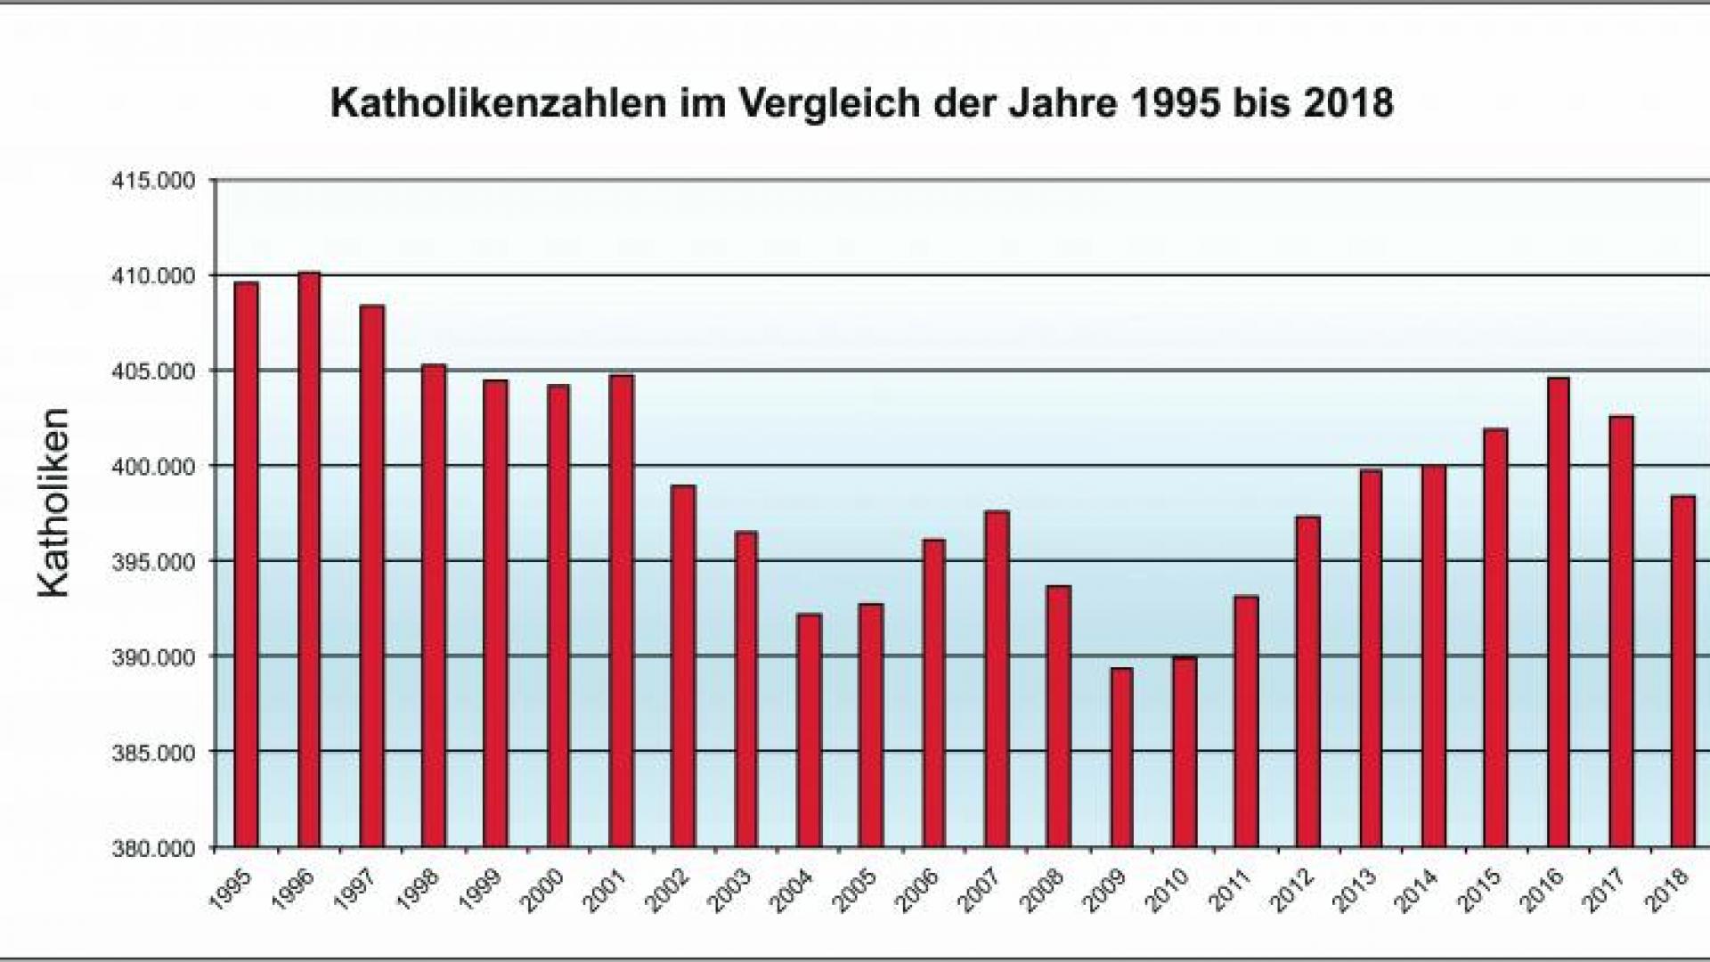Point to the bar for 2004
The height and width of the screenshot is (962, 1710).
pos(809,730)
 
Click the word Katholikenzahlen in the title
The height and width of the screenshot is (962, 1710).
pos(498,103)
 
